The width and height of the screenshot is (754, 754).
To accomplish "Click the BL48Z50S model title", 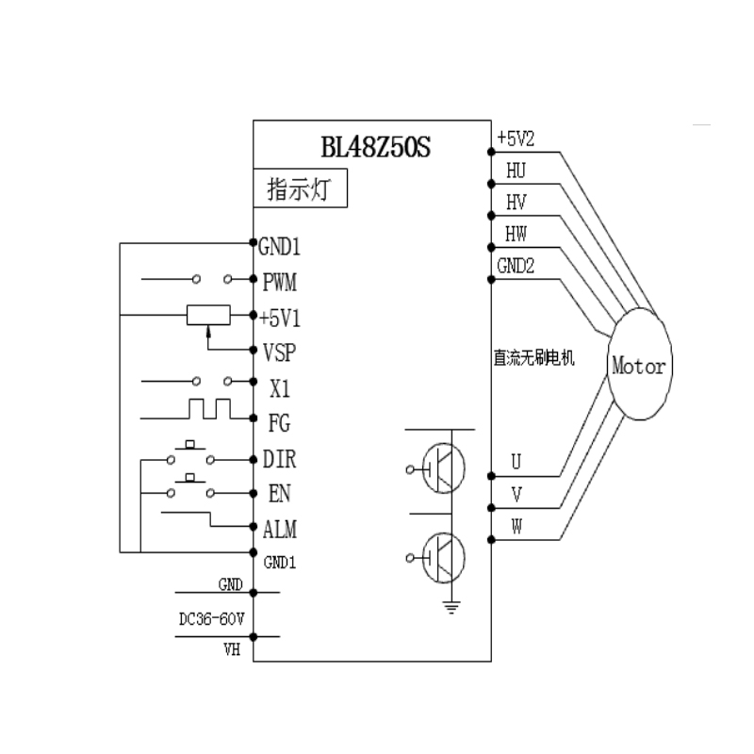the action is [375, 147].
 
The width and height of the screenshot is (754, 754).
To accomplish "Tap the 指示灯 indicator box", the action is [300, 188].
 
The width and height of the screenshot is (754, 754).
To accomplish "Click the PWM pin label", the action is [279, 282].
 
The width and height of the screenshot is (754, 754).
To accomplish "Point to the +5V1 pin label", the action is [280, 319].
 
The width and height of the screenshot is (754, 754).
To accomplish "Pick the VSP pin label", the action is [279, 352].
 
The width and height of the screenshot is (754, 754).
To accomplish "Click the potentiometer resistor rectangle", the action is [208, 315].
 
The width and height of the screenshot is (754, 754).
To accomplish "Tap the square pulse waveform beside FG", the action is [209, 409].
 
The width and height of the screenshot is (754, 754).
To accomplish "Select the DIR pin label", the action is [279, 459].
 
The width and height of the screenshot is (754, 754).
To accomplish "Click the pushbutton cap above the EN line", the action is [190, 478].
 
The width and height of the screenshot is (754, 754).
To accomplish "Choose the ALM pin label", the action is [280, 530].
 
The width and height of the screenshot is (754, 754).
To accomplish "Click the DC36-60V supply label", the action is [211, 619].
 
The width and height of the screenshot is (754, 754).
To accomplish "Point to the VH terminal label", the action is [232, 650].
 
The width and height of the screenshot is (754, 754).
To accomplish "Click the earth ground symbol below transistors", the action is [451, 607].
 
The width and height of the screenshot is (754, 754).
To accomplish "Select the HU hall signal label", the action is [516, 171].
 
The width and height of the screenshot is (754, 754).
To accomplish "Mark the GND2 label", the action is [516, 266].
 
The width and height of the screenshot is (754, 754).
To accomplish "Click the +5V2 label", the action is [516, 139].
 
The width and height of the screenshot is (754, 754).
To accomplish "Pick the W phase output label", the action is [516, 527].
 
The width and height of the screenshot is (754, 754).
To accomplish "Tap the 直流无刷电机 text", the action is [533, 358].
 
